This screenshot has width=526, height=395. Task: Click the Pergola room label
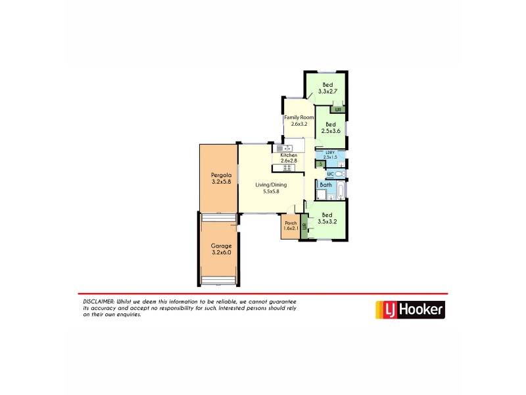click(x=220, y=178)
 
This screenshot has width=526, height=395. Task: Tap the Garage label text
click(x=221, y=248)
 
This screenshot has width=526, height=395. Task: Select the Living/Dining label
click(x=271, y=188)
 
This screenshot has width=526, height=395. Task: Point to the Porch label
click(x=291, y=226)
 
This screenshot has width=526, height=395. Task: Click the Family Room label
click(x=299, y=120)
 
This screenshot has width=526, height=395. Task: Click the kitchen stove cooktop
click(x=287, y=168)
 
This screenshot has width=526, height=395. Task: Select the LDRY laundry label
click(x=330, y=155)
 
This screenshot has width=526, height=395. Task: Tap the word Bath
click(x=325, y=185)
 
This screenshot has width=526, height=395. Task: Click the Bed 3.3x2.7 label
click(x=327, y=88)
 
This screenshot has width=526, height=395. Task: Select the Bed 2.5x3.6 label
click(x=330, y=128)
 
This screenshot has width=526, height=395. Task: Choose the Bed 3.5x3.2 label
click(x=327, y=219)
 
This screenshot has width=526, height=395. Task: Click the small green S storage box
click(x=320, y=164)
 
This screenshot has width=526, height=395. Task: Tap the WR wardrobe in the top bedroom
click(x=339, y=109)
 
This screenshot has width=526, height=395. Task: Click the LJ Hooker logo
click(x=409, y=309)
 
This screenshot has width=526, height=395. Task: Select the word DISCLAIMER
click(x=96, y=301)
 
